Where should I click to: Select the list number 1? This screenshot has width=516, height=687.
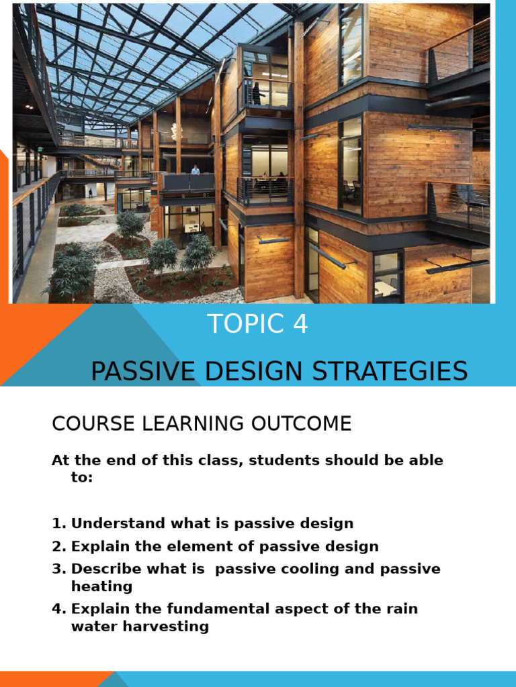coord(58,523)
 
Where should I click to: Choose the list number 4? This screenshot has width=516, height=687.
coord(58,609)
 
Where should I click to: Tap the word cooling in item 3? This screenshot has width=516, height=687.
coord(310,569)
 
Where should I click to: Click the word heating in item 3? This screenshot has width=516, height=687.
coord(101,586)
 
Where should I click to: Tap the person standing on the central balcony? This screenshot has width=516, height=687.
coord(196,169)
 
